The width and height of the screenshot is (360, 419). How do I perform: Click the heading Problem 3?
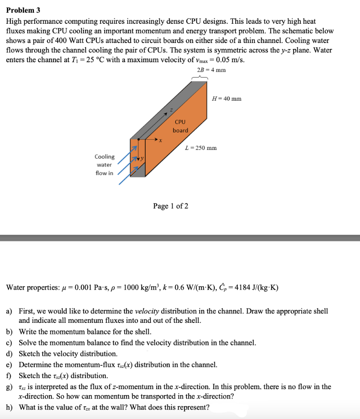click(23, 10)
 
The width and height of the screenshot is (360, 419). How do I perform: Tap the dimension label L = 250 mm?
click(201, 148)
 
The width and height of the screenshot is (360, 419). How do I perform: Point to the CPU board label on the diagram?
click(180, 126)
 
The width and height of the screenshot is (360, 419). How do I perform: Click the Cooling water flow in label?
click(104, 165)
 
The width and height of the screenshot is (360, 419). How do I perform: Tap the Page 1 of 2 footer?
click(171, 206)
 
